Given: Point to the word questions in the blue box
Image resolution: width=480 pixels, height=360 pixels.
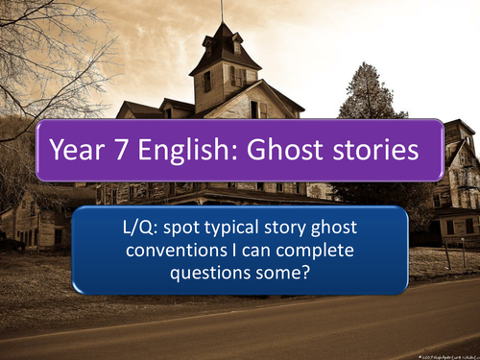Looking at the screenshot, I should point(216,273).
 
